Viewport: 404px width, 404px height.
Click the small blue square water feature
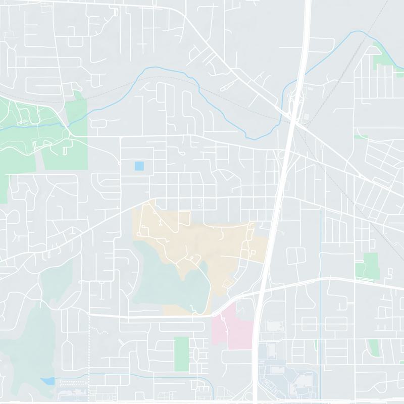(139, 166)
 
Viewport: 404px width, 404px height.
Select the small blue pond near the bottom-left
(48, 381)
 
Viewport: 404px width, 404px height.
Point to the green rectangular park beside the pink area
(181, 353)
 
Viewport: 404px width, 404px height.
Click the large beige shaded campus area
(212, 242)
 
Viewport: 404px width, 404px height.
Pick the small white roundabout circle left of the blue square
(120, 163)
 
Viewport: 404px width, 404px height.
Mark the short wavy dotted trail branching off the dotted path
(100, 332)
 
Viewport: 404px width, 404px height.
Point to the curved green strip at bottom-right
(374, 347)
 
